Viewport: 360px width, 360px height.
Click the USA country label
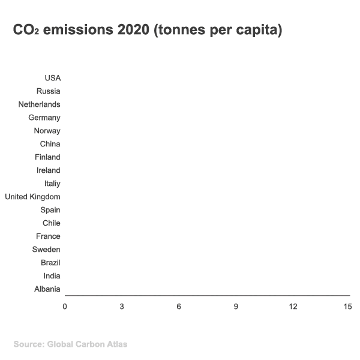click(52, 78)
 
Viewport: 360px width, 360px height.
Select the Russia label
click(48, 91)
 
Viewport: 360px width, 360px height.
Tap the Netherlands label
click(39, 104)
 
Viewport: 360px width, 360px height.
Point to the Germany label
click(44, 118)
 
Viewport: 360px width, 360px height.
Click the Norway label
click(47, 131)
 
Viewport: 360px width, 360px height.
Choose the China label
click(50, 144)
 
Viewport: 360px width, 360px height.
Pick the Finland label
click(47, 157)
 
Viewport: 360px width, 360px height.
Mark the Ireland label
click(48, 170)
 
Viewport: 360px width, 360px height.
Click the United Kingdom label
click(32, 197)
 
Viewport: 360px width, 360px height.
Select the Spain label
click(50, 210)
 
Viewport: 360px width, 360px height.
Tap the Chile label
click(51, 223)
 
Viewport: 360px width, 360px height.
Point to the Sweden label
click(46, 250)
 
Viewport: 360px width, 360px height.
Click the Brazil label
click(50, 263)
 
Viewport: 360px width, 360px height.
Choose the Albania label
click(47, 289)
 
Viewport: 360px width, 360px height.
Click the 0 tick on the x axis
click(65, 307)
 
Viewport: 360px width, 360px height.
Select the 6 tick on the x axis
click(179, 307)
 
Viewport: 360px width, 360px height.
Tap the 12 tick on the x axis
click(293, 307)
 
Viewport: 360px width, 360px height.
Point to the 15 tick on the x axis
click(347, 307)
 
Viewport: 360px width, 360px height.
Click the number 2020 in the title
click(131, 30)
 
